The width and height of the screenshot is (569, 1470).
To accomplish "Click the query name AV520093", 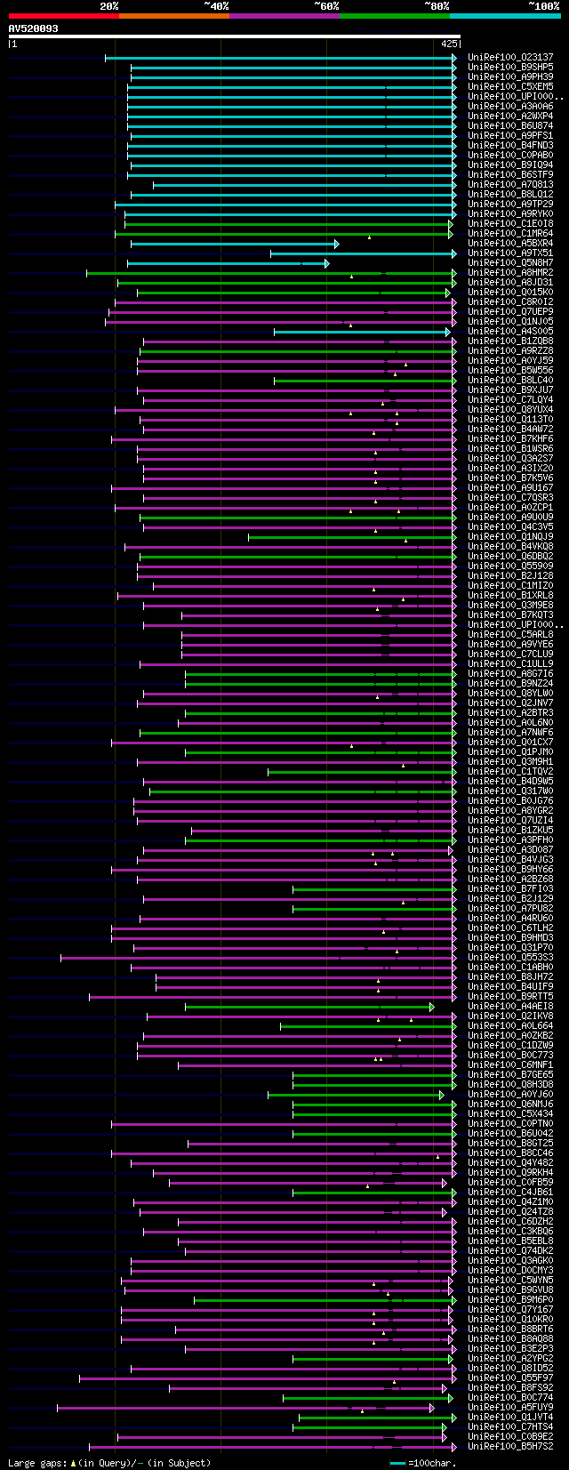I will click(x=34, y=28).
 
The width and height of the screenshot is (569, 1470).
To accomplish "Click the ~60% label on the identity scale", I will click(x=326, y=6).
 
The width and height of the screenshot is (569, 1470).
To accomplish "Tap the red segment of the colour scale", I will click(x=63, y=15).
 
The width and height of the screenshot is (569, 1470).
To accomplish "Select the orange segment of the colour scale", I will click(x=173, y=15).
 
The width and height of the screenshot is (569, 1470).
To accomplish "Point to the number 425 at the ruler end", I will click(x=448, y=43).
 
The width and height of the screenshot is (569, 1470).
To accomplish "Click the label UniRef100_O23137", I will click(x=510, y=58).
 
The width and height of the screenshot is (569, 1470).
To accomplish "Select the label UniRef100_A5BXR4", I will click(x=510, y=244).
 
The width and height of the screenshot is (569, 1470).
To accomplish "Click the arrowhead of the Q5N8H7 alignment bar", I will click(x=326, y=263).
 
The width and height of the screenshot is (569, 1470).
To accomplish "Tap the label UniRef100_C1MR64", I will click(x=510, y=234).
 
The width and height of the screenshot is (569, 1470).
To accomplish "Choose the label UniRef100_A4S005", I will click(x=510, y=332).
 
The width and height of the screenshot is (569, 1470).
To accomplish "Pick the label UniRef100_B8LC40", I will click(x=510, y=381).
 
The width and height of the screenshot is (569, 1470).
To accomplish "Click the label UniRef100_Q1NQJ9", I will click(x=510, y=537).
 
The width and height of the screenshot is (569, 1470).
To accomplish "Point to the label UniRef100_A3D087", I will click(x=510, y=850).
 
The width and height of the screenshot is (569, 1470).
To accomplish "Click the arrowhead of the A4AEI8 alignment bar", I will click(x=432, y=1007).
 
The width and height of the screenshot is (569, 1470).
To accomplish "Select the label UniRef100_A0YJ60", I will click(x=510, y=1095).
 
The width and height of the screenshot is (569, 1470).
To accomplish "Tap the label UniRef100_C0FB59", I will click(x=510, y=1183).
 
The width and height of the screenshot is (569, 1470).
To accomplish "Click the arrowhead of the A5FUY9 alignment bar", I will click(x=432, y=1408).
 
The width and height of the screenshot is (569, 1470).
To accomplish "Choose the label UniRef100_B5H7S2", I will click(x=510, y=1447).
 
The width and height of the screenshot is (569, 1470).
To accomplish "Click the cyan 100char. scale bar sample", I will click(x=397, y=1463).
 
